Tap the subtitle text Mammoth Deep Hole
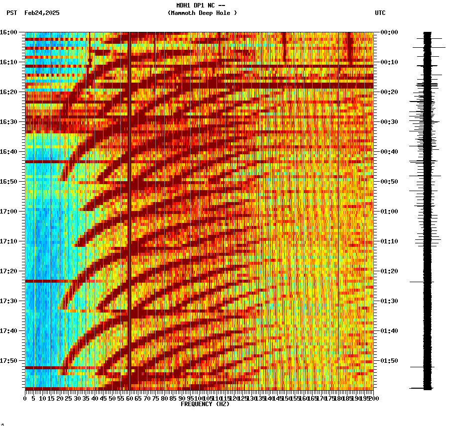click(x=202, y=13)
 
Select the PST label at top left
click(x=11, y=13)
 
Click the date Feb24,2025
click(x=42, y=13)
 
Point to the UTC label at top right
click(x=380, y=13)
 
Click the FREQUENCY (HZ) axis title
click(x=205, y=404)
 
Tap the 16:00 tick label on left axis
click(x=8, y=32)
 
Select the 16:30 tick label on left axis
click(x=8, y=121)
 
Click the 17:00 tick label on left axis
click(x=8, y=211)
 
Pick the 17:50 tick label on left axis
click(x=8, y=360)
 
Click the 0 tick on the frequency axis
click(x=25, y=398)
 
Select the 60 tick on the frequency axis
click(x=129, y=398)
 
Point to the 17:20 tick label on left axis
click(x=8, y=271)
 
